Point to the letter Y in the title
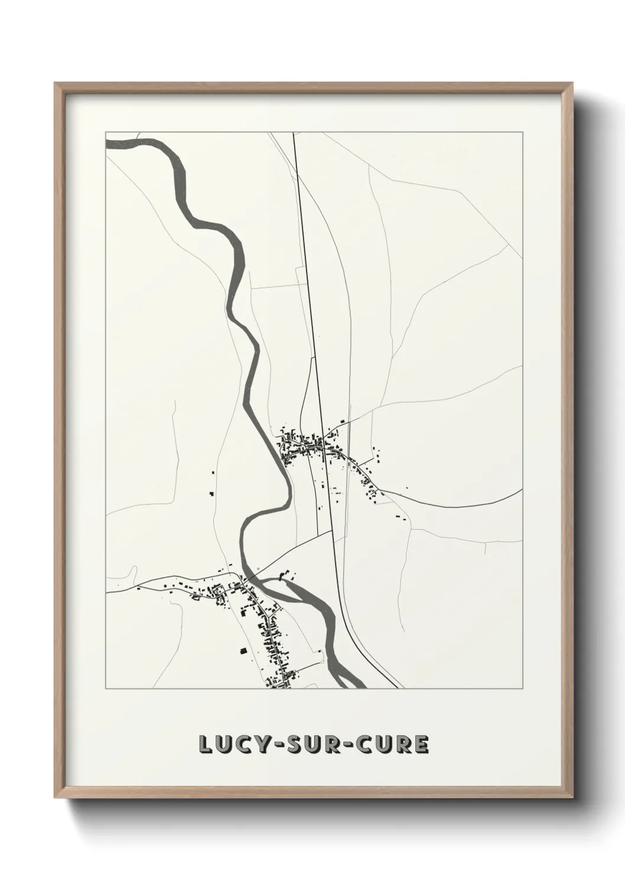tap(256, 745)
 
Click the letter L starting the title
tap(205, 745)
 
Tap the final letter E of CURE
tap(421, 745)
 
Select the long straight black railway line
tap(307, 296)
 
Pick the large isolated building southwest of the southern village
tap(243, 651)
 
